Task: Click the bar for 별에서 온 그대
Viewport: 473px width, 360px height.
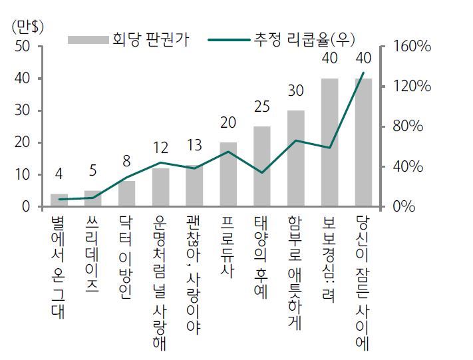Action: click(x=59, y=200)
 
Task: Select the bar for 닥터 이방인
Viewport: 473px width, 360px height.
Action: click(x=127, y=194)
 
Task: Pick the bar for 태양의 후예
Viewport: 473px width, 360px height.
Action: click(x=262, y=166)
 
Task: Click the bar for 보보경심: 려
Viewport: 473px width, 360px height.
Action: click(x=330, y=142)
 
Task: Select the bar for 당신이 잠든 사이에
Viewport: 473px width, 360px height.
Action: click(x=363, y=142)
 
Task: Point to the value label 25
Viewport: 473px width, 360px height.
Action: click(x=262, y=107)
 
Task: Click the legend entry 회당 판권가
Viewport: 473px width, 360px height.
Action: click(x=130, y=39)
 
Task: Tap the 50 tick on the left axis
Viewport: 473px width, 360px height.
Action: click(x=22, y=47)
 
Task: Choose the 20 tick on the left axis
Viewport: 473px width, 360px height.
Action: click(x=22, y=142)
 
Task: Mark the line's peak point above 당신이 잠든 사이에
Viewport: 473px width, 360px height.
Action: click(x=363, y=73)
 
